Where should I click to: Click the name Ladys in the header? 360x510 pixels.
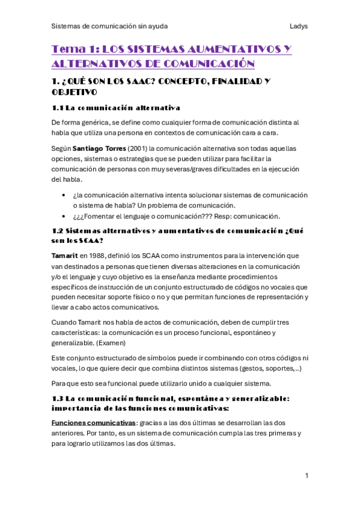pos(298,26)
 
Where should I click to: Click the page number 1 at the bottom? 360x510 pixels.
pos(307,476)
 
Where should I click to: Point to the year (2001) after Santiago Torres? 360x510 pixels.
pos(135,148)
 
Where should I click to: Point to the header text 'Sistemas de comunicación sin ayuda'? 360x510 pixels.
pos(110,26)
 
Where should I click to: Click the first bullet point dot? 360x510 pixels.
pos(64,195)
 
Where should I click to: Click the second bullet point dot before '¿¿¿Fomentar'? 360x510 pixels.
pos(64,216)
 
